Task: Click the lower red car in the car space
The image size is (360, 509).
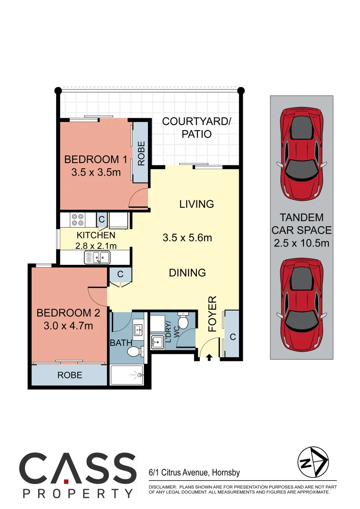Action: tap(302, 304)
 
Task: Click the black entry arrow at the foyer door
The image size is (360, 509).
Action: tap(209, 358)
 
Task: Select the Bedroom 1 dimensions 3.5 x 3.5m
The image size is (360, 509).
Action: tap(96, 172)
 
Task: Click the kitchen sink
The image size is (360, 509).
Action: tap(97, 257)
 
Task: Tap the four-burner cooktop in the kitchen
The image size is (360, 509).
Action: tap(77, 220)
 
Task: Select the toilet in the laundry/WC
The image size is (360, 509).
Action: tap(183, 320)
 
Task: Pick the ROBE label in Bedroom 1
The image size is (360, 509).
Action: tap(141, 153)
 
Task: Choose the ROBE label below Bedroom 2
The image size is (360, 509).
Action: tap(70, 375)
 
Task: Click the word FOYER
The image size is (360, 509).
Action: tap(212, 314)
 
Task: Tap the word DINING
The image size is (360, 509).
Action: tap(188, 272)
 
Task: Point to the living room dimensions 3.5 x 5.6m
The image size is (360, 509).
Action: tap(187, 238)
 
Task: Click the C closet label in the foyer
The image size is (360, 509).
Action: tap(233, 337)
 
